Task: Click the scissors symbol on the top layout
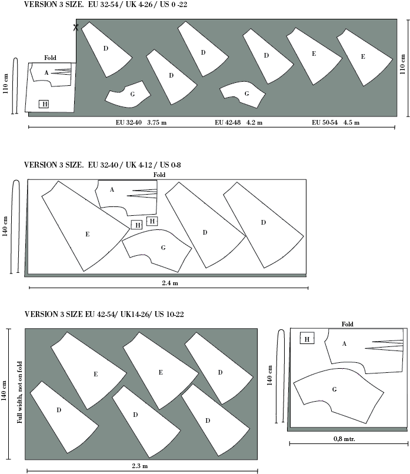tap(76, 27)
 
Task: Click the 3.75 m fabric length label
tap(156, 122)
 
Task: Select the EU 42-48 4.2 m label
tap(239, 122)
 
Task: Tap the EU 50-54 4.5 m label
tap(336, 122)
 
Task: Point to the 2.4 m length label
tap(170, 283)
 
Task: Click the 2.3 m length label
tap(139, 466)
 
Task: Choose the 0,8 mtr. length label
tap(344, 439)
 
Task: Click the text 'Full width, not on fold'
tap(19, 392)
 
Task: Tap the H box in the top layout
tap(44, 104)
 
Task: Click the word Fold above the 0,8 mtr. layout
tap(348, 324)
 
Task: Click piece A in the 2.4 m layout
tap(126, 198)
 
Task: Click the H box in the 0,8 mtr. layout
tap(307, 338)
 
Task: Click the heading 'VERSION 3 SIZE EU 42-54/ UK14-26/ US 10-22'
tap(104, 314)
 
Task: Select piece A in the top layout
tap(51, 74)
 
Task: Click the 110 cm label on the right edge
tap(402, 64)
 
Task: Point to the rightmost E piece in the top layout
tap(365, 58)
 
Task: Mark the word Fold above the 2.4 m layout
tap(159, 175)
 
